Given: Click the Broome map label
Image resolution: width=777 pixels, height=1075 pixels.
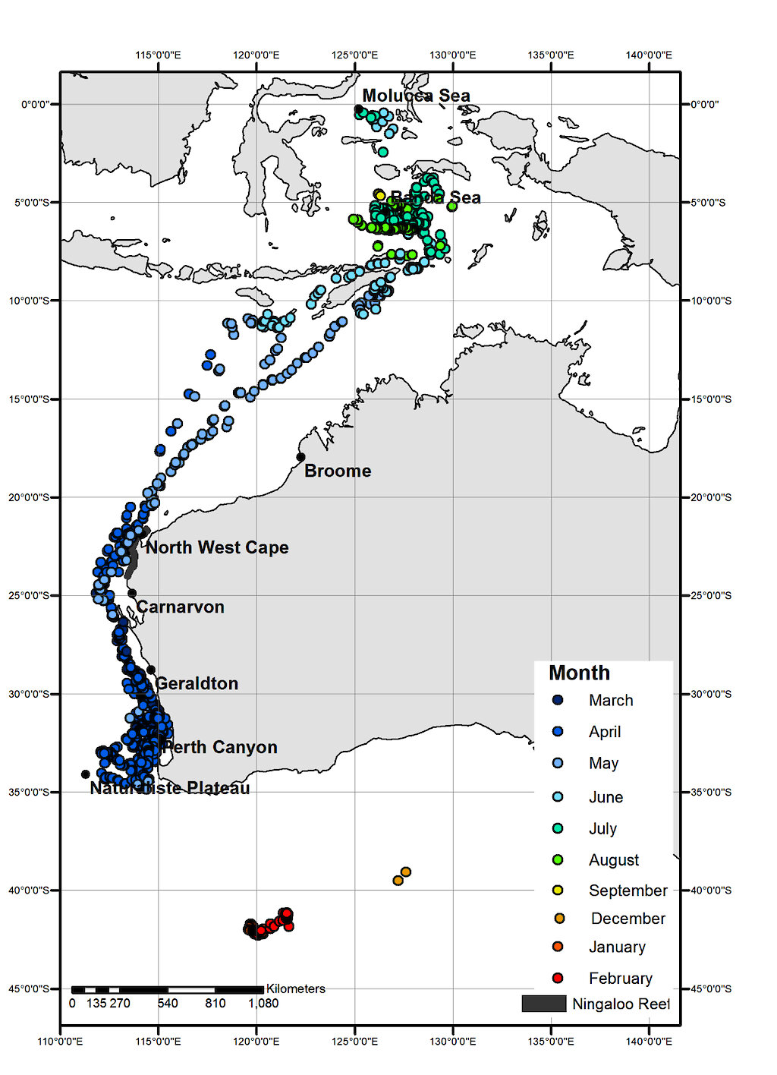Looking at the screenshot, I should [x=338, y=471].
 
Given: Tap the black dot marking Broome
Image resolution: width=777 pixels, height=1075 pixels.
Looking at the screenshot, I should [x=300, y=457].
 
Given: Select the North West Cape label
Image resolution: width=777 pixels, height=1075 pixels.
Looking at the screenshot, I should [x=217, y=547].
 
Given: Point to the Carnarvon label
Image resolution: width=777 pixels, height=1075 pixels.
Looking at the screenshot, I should [x=181, y=607].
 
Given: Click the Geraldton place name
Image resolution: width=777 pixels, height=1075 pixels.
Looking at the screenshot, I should [x=197, y=683].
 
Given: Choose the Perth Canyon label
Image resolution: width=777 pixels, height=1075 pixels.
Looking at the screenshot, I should [x=219, y=747].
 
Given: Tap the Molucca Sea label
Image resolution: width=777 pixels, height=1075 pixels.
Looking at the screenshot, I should [x=416, y=96].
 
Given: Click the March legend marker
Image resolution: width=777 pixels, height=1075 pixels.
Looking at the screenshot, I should [x=558, y=700].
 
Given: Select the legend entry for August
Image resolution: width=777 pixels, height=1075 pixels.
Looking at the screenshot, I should [x=613, y=860].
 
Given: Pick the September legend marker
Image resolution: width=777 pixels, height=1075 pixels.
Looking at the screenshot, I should [x=558, y=890].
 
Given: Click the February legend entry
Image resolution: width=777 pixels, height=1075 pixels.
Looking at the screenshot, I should [x=620, y=978].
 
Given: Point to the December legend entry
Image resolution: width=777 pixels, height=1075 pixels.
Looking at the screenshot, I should [x=628, y=919].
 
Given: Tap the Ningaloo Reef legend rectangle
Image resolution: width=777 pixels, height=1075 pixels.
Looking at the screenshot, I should [x=543, y=1004].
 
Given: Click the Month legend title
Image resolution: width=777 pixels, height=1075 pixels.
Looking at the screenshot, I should [x=579, y=673].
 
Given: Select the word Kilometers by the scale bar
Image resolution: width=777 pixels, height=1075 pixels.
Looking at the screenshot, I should [x=295, y=988].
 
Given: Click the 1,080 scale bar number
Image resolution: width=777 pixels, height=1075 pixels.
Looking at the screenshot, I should [x=263, y=1003].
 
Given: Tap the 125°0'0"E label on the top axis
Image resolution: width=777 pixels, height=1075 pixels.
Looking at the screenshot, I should [x=354, y=55].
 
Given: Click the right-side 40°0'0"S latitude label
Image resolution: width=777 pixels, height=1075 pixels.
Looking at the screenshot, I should [x=711, y=890].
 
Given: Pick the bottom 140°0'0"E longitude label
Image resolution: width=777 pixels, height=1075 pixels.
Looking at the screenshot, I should [x=649, y=1041].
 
